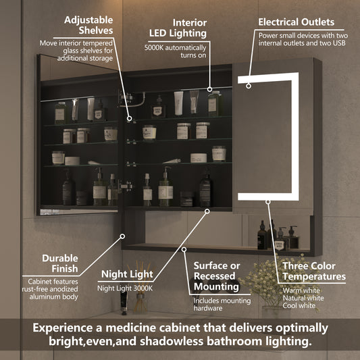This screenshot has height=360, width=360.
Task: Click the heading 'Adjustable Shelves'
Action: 88,24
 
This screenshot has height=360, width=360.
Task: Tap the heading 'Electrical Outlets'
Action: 296,22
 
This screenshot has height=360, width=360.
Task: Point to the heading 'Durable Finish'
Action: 60,263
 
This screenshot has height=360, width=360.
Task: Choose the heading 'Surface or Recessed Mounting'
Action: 216,276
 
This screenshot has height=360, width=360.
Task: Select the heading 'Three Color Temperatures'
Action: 314,272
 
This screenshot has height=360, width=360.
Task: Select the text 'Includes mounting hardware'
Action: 216,305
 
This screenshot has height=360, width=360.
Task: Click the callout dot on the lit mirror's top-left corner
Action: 249,86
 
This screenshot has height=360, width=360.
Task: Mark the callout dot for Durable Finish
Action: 122,236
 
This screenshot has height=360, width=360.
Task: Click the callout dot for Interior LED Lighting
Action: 211,88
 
